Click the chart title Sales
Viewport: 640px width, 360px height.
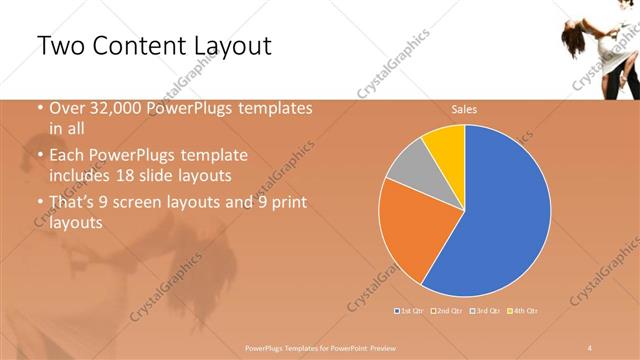coord(463,109)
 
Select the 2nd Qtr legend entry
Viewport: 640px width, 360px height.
coord(447,311)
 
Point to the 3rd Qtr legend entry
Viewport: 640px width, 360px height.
coord(485,311)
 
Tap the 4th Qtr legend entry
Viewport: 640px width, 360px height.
coord(523,311)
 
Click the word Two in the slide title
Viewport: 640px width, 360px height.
coord(63,46)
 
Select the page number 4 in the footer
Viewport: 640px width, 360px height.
coord(591,346)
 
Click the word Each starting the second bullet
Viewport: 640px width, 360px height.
coord(68,155)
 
